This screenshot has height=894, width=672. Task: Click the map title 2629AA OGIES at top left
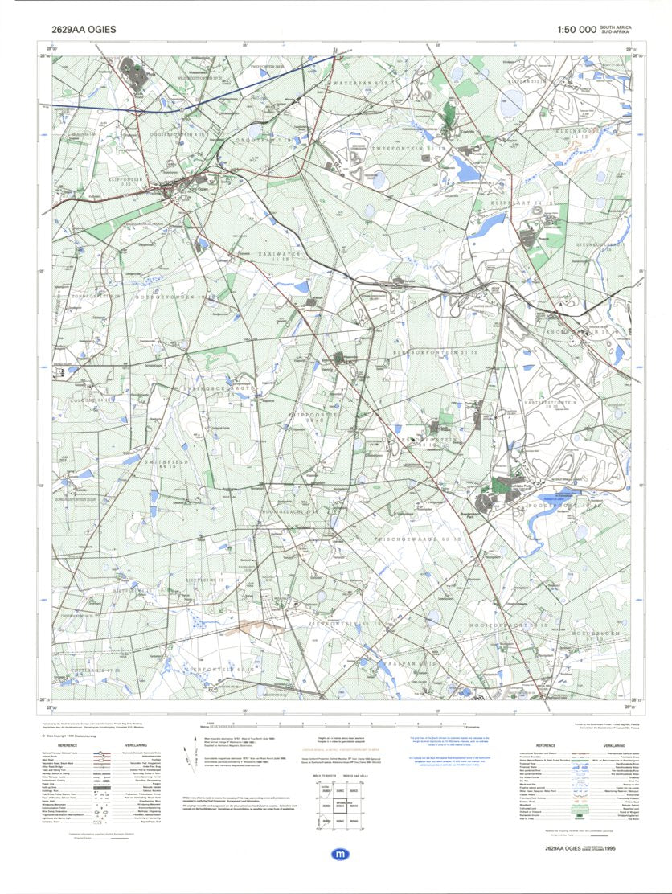(84, 30)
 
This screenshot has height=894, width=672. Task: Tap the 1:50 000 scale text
(576, 30)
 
